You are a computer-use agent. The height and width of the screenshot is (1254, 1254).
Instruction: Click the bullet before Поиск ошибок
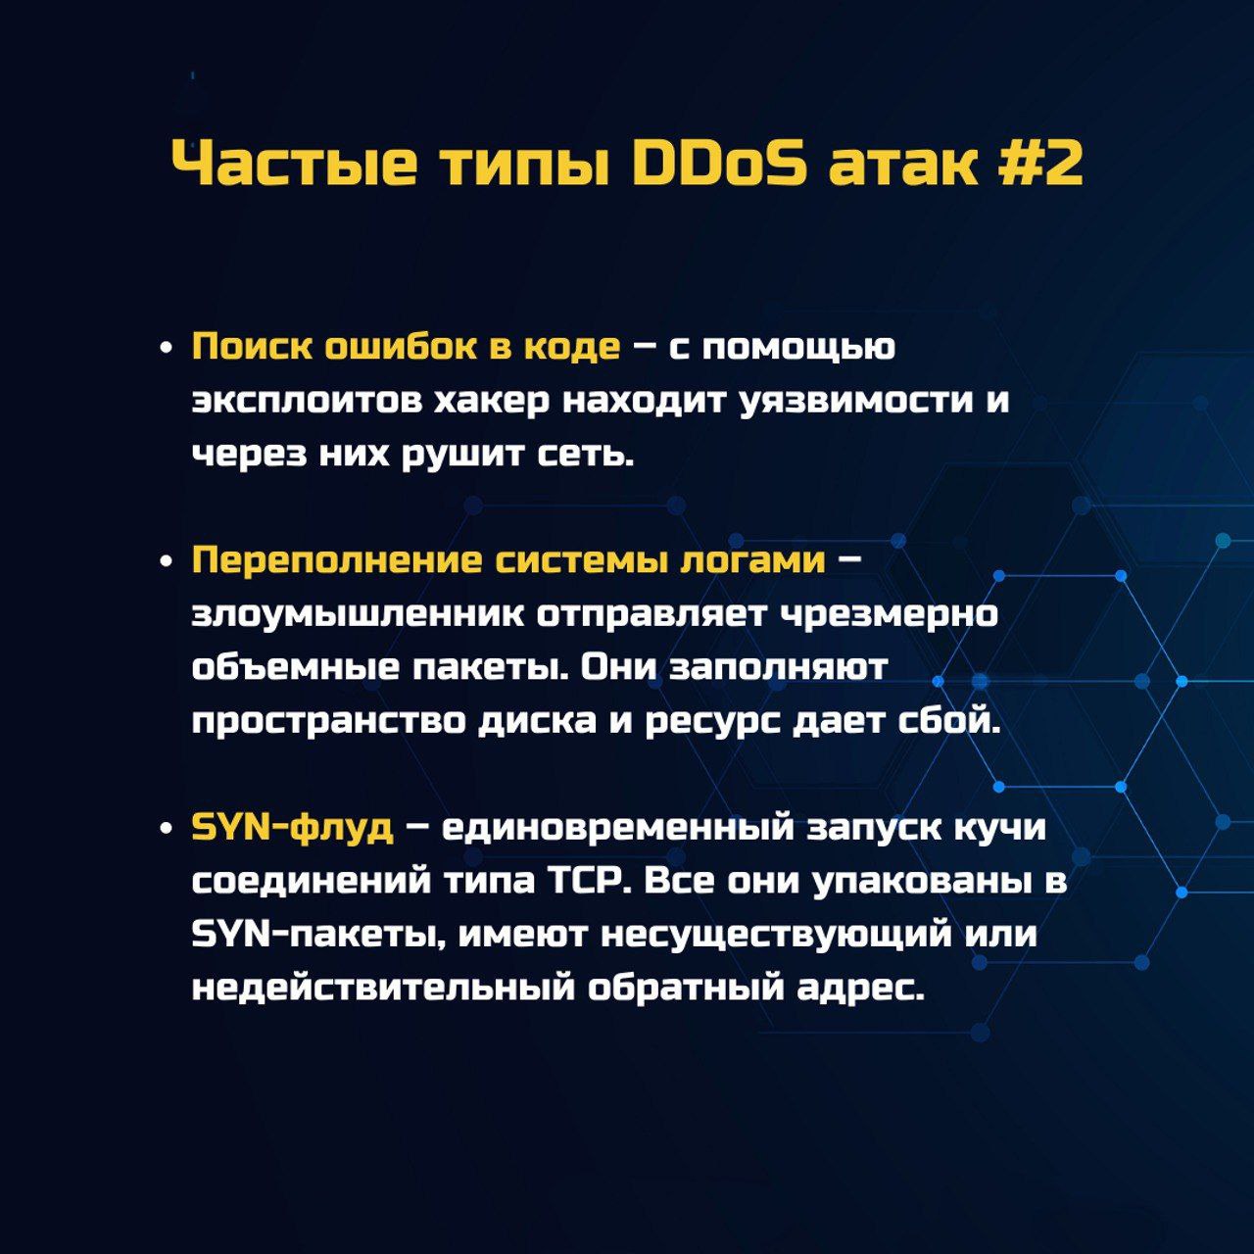[x=166, y=349]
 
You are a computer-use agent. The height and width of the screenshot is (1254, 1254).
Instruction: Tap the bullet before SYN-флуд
[x=166, y=830]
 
